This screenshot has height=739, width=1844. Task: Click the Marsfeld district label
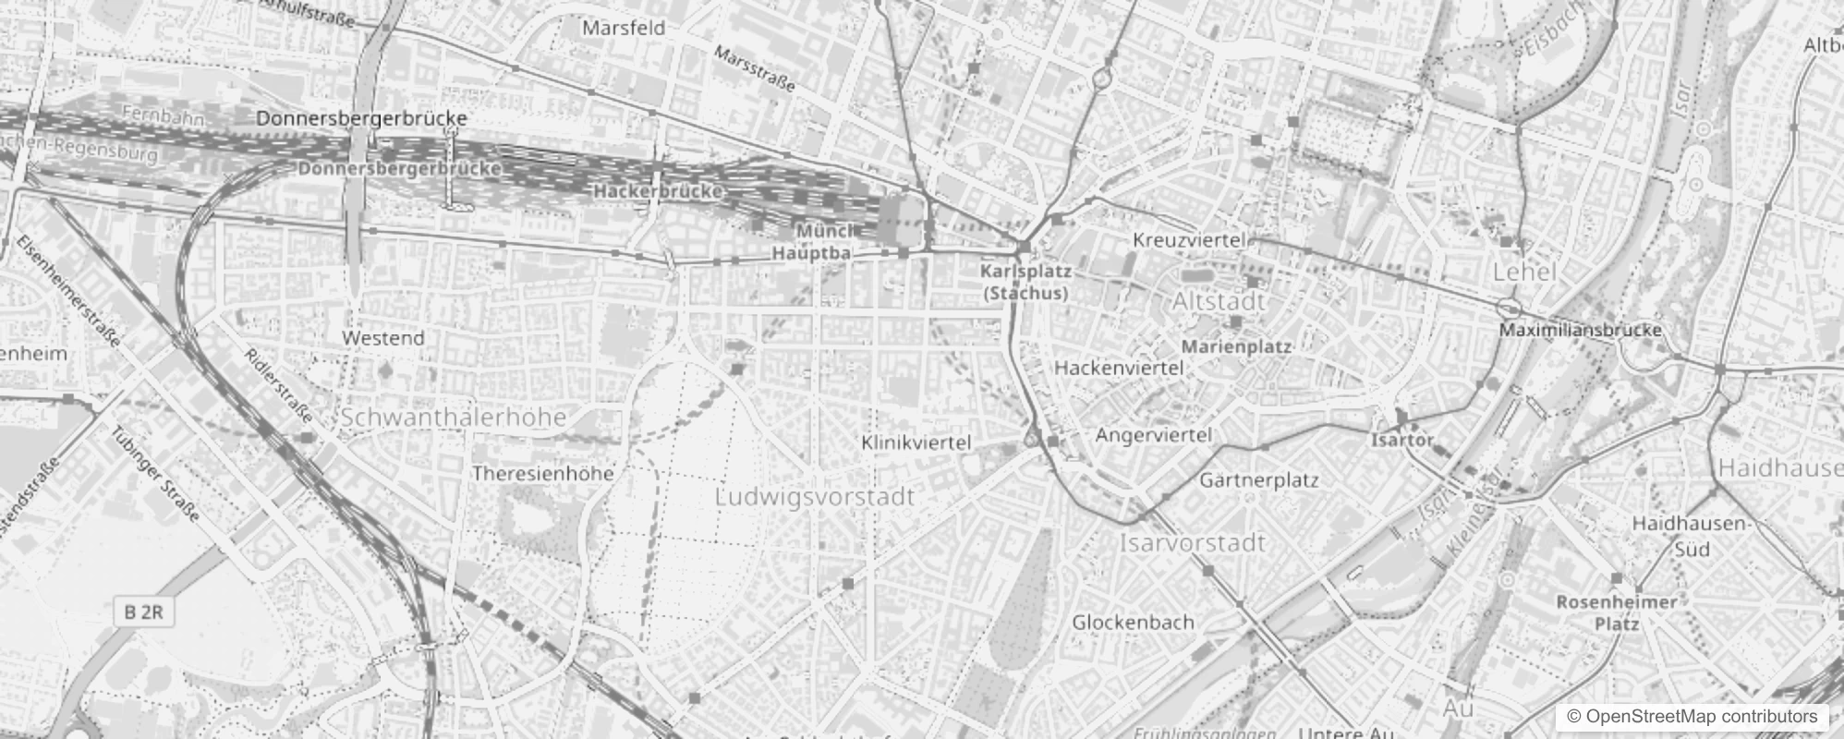(x=623, y=28)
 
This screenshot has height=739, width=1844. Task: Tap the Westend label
(x=382, y=338)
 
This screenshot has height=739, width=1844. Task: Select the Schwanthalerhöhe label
(x=453, y=418)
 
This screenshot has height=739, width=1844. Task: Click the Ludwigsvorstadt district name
(x=815, y=497)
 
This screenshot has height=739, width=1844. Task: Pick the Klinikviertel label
(x=916, y=443)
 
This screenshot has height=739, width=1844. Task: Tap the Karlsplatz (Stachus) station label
(x=1025, y=283)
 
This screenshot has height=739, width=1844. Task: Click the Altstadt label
(x=1218, y=302)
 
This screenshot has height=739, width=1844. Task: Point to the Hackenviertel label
(x=1118, y=368)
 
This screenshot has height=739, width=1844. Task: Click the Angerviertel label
(x=1153, y=435)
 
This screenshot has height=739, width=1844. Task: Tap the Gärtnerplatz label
(x=1258, y=480)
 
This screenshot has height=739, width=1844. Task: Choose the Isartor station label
(x=1401, y=441)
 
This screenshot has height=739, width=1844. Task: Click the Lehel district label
(x=1524, y=273)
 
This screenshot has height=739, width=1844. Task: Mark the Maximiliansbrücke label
(x=1580, y=330)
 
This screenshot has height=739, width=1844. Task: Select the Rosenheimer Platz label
(x=1616, y=612)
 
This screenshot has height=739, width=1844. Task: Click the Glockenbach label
(x=1133, y=623)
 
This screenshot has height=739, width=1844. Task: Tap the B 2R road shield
(x=143, y=612)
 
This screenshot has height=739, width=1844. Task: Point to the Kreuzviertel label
(x=1189, y=240)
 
